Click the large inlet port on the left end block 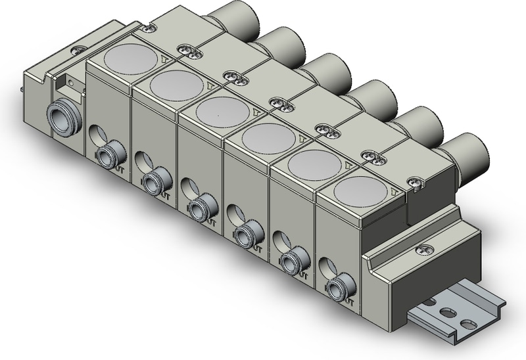tap(62, 118)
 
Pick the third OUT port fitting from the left tap(199, 208)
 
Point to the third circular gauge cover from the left tap(222, 110)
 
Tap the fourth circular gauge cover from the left tap(268, 137)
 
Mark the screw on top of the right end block tap(419, 249)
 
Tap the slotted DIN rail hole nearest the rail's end tap(467, 324)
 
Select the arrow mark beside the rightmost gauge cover tap(393, 192)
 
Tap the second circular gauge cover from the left tap(176, 84)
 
